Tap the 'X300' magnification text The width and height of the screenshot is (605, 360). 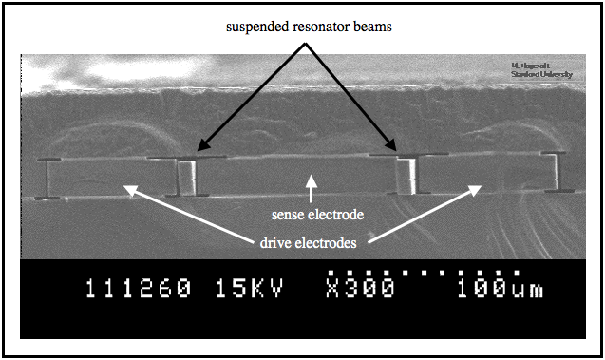[x=359, y=288]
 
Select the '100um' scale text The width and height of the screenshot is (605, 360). [x=495, y=288]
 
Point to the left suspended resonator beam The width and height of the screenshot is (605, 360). [x=187, y=176]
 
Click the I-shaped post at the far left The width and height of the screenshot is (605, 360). [x=47, y=178]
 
